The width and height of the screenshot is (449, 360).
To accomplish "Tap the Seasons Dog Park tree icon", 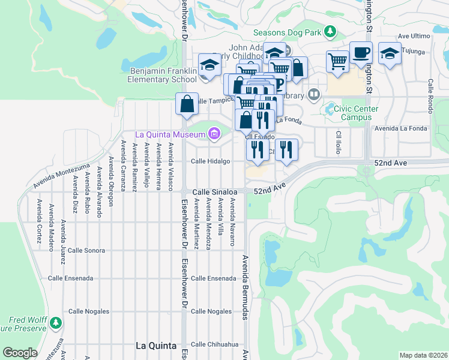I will pyautogui.click(x=330, y=31).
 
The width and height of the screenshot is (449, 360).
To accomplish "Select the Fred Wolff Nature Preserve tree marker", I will pyautogui.click(x=55, y=323).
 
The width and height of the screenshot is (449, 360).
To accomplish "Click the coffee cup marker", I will pyautogui.click(x=361, y=53).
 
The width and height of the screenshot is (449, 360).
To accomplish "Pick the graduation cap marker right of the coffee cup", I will pyautogui.click(x=390, y=54).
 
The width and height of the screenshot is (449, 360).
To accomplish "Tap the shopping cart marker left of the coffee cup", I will pyautogui.click(x=337, y=61).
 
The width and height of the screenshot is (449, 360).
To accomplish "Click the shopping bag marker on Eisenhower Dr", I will pyautogui.click(x=187, y=103).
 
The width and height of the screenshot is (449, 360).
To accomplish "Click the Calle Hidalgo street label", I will pyautogui.click(x=211, y=161).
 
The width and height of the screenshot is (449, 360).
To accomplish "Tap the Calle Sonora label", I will pyautogui.click(x=87, y=250).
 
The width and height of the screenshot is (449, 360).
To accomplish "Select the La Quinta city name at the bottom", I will pyautogui.click(x=156, y=346).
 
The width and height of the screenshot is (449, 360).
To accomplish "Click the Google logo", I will pyautogui.click(x=20, y=353).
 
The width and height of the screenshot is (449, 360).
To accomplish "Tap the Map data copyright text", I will pyautogui.click(x=423, y=355).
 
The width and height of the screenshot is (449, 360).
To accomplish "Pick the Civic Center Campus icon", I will pyautogui.click(x=330, y=109).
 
